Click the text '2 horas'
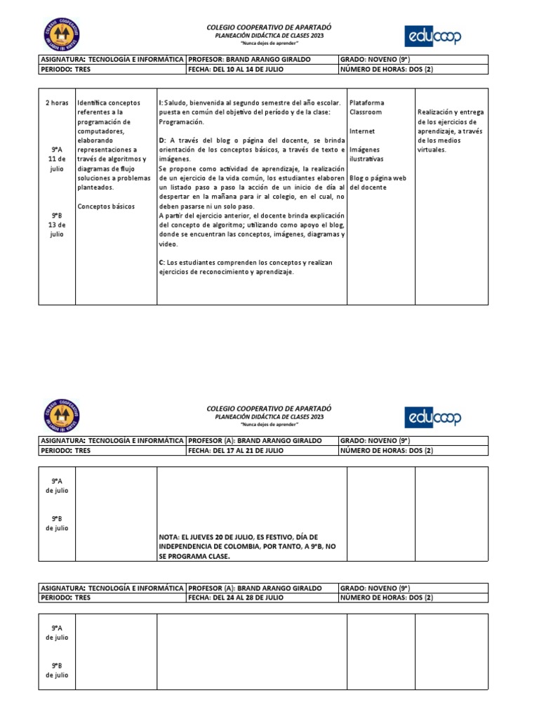coord(57,103)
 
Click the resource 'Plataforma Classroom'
coord(366,107)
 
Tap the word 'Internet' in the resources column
coord(362,131)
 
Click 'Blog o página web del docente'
coord(378,183)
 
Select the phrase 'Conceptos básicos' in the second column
coord(106,206)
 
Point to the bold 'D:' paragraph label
coord(162,140)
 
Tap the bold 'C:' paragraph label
coord(162,263)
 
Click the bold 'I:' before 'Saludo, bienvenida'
coord(161,103)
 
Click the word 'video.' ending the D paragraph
coord(168,244)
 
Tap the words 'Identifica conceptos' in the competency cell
coord(109,103)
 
